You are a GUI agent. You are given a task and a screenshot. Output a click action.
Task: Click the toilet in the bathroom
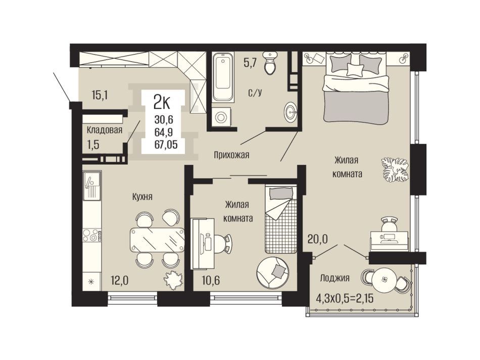click(270, 63)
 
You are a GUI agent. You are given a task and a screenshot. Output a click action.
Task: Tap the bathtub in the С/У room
click(223, 77)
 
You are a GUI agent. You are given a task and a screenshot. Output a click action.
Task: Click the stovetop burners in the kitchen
click(92, 235)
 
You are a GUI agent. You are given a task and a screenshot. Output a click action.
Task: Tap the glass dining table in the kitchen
click(157, 239)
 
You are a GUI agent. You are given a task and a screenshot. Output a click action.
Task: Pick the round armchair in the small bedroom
click(273, 272)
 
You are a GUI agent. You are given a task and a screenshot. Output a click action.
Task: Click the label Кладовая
click(105, 130)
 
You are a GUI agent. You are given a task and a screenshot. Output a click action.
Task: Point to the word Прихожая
click(231, 155)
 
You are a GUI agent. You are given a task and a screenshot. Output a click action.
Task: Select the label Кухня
click(142, 196)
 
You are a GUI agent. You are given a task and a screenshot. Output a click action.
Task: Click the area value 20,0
click(317, 239)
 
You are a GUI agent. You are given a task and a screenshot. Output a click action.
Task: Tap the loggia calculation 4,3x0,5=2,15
click(345, 298)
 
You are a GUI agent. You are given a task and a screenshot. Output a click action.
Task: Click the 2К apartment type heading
click(162, 102)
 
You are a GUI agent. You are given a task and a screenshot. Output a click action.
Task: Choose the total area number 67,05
click(166, 145)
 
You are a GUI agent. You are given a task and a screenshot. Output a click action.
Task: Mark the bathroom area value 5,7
click(250, 64)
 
